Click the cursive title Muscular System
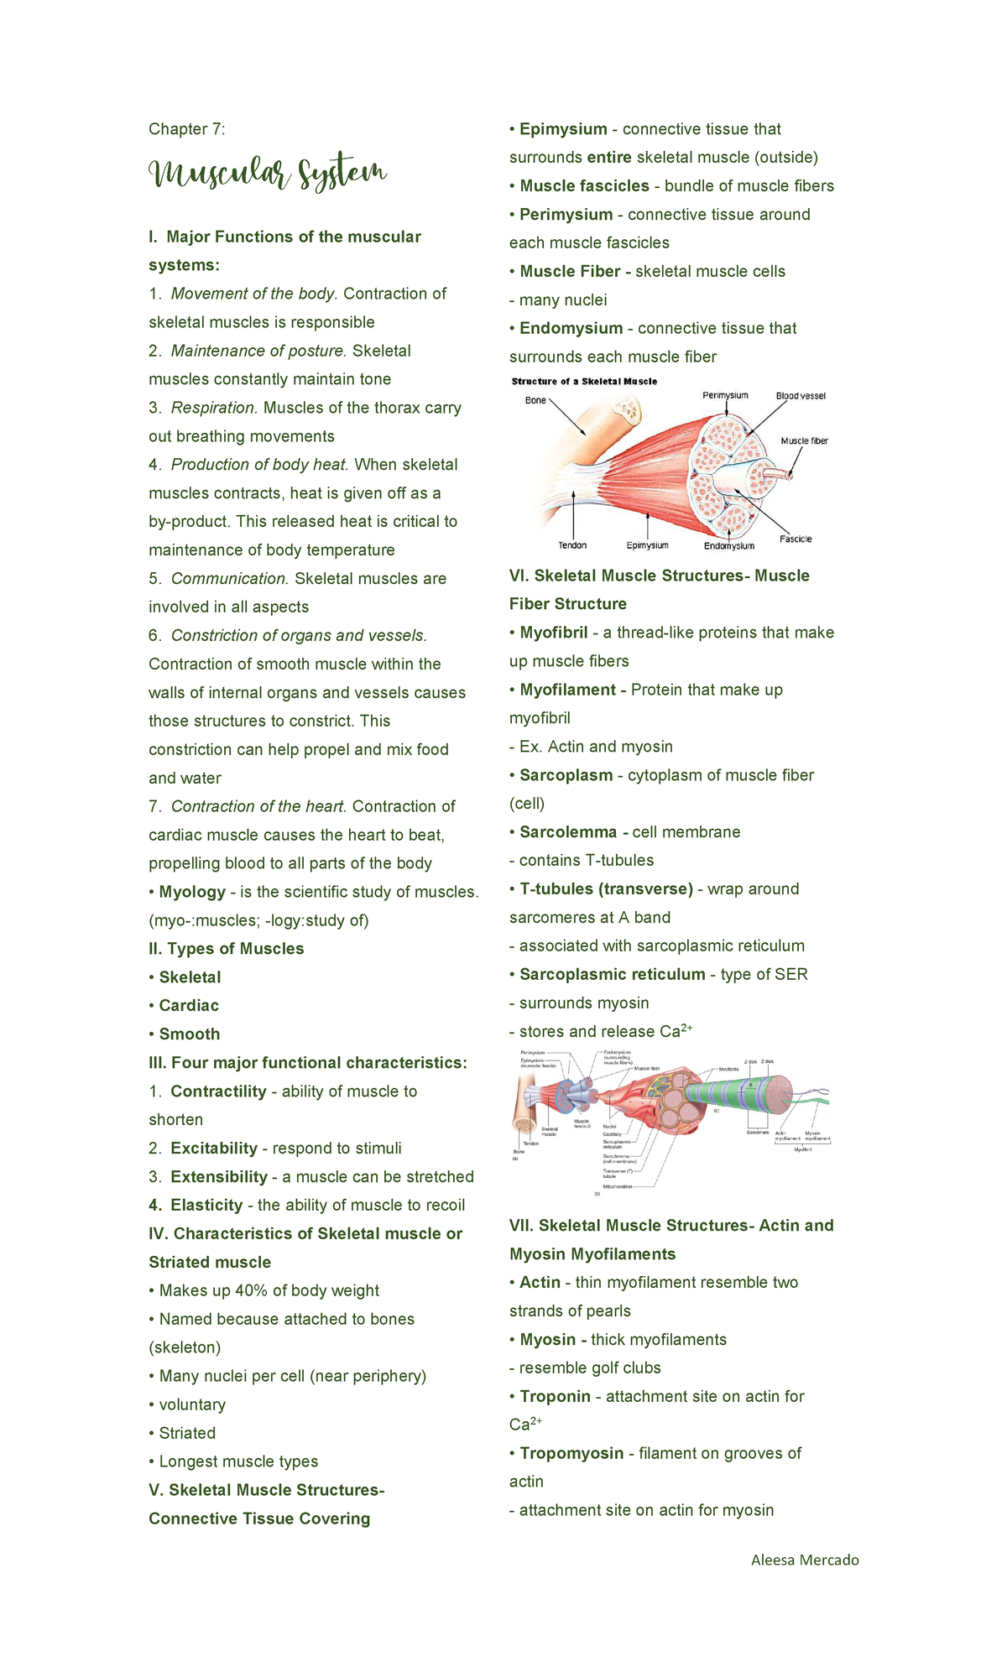[x=267, y=174]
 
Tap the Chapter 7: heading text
[x=186, y=129]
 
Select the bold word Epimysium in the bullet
[x=563, y=129]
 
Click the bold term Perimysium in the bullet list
[x=566, y=215]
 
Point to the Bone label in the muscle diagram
[x=535, y=400]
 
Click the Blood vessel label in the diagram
[x=801, y=396]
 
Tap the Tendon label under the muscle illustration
[x=572, y=545]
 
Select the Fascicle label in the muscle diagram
[x=796, y=539]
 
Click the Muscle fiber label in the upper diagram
[x=804, y=441]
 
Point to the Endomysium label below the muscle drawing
[x=728, y=546]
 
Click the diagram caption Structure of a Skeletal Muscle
[x=584, y=382]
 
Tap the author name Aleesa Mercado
[x=805, y=1560]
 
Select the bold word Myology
[x=192, y=892]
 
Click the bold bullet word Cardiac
[x=189, y=1006]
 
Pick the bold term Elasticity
[x=206, y=1206]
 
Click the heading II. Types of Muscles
[x=226, y=949]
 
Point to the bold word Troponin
[x=555, y=1397]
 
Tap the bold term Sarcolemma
[x=568, y=832]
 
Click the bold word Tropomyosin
[x=571, y=1454]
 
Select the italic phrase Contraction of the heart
[x=258, y=807]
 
